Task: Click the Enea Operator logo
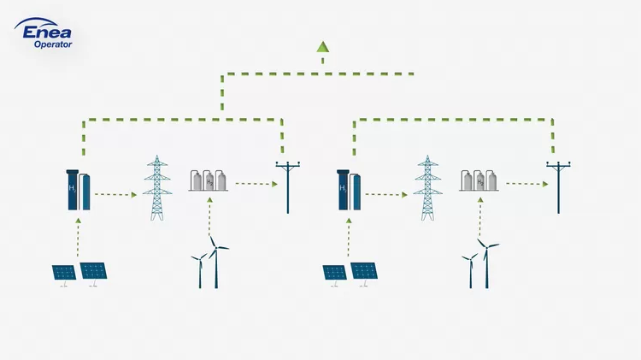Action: coord(44,32)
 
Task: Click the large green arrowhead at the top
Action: coord(322,47)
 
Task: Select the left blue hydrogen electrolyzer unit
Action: coord(78,190)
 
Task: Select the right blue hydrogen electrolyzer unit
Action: coord(349,190)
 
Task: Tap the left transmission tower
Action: coord(157,188)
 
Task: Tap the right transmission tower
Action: coord(427,188)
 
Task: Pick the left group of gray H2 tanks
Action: coord(209,180)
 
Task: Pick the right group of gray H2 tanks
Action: coord(479,180)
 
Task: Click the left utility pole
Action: coord(288,187)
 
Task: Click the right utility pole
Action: coord(558,187)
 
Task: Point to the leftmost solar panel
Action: coord(64,274)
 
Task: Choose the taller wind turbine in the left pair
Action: coord(216,262)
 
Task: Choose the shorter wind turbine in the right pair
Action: coord(471,271)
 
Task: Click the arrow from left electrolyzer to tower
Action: coord(115,195)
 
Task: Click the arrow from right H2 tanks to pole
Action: coord(527,184)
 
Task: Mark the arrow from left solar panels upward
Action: coord(78,237)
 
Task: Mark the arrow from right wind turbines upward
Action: coord(480,217)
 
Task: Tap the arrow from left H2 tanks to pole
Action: coord(256,184)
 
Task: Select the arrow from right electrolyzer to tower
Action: coord(386,195)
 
